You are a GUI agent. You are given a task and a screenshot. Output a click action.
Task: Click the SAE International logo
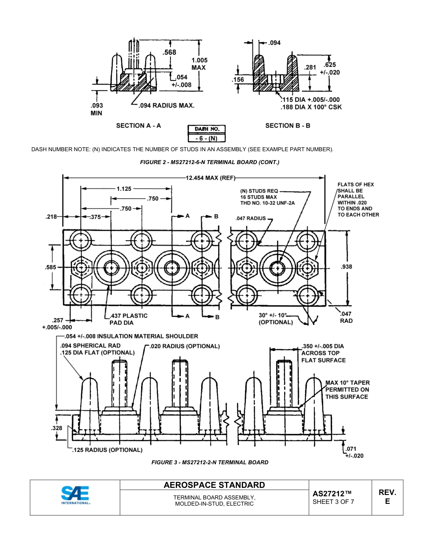click(x=76, y=495)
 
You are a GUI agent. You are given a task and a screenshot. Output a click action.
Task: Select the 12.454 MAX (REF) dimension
click(x=210, y=178)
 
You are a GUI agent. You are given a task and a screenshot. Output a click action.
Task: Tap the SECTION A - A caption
click(x=138, y=126)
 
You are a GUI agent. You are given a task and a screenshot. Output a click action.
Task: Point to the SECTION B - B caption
click(x=288, y=126)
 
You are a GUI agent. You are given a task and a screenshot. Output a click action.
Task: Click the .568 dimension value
click(x=169, y=52)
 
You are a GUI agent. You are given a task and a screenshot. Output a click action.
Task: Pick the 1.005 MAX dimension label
click(x=199, y=64)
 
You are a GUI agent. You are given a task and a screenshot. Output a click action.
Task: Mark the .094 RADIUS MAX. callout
click(x=167, y=106)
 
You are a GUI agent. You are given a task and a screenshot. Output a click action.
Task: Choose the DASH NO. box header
click(x=207, y=129)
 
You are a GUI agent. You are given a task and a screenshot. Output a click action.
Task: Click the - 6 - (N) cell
click(x=207, y=138)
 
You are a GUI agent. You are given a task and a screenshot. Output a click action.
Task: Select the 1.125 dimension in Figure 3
click(x=124, y=189)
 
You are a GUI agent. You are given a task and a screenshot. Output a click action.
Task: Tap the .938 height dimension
click(x=346, y=267)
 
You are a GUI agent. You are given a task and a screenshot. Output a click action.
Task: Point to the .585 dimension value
click(x=51, y=268)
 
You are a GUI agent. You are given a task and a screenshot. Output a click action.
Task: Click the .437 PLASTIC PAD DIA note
click(x=128, y=319)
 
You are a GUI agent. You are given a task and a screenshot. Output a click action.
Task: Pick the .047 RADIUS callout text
click(x=250, y=218)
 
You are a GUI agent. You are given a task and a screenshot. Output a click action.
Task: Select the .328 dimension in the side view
click(x=57, y=428)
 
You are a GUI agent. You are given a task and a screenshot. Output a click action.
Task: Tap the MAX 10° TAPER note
click(x=347, y=390)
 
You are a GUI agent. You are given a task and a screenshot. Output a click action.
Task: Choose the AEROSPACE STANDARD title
click(x=214, y=485)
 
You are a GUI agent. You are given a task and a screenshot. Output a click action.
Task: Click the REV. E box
click(x=387, y=497)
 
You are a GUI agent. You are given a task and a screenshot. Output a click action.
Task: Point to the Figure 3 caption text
click(x=210, y=463)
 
